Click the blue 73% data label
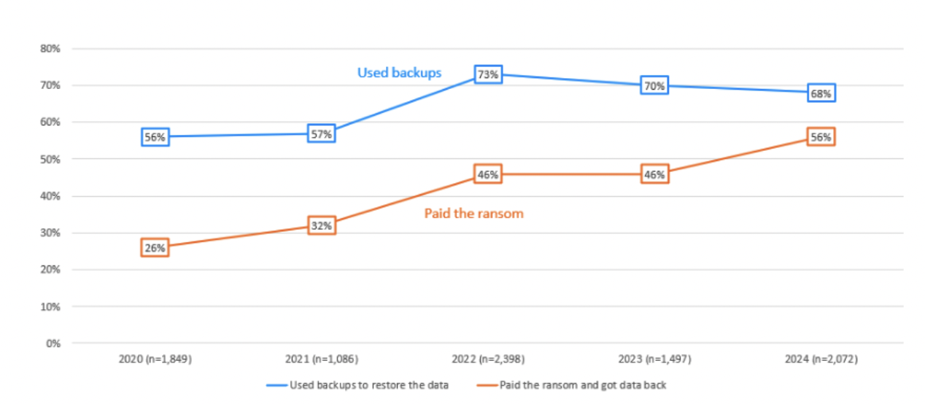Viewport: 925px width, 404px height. pos(488,74)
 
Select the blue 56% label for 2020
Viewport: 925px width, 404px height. pos(155,136)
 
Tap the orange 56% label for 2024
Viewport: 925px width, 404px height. pos(821,137)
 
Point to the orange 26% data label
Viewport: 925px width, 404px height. pos(155,248)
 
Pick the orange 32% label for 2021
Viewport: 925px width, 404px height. pos(322,225)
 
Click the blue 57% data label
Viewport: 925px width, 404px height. pos(322,133)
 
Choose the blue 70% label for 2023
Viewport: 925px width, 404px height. pos(654,86)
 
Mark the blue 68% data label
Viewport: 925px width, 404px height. pos(821,93)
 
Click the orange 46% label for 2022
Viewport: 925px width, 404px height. pos(488,174)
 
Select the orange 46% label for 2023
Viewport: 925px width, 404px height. pos(654,174)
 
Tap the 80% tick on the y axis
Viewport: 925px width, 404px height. pos(50,49)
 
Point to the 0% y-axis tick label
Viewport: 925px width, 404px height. pos(53,343)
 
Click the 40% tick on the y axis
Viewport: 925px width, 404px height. pos(50,196)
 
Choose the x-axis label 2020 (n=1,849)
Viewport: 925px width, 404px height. pos(155,360)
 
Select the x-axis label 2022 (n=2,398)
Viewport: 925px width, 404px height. pos(488,360)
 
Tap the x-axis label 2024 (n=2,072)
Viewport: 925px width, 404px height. pos(821,360)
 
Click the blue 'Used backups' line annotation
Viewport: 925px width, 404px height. pos(399,73)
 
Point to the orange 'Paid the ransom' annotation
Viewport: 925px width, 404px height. pos(474,214)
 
